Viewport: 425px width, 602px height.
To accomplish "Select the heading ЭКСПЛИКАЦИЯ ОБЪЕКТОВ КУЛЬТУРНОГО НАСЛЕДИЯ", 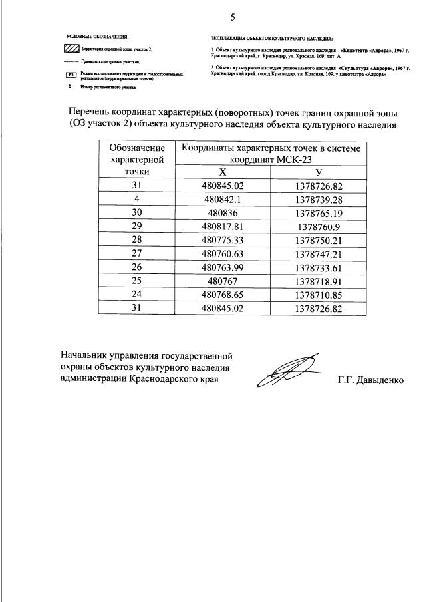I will (271, 39).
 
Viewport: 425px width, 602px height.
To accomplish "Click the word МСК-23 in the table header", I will (293, 160).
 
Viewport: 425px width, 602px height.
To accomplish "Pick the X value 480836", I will (223, 213).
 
